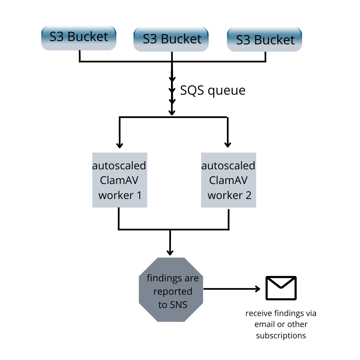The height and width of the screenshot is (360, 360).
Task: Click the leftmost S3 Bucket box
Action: [79, 38]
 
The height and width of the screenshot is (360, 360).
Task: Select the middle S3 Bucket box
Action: [171, 39]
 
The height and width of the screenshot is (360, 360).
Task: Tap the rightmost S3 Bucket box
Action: [264, 39]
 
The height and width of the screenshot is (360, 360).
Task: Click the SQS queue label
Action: [213, 91]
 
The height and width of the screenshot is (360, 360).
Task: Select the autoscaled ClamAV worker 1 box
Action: [120, 180]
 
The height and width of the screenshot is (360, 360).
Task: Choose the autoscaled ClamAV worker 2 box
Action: [228, 180]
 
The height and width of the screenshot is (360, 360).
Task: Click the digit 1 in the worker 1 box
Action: [139, 195]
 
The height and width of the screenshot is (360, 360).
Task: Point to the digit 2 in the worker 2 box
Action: [248, 195]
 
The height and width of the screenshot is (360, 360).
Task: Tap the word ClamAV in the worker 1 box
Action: [119, 180]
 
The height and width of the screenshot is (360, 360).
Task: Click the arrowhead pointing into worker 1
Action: [120, 145]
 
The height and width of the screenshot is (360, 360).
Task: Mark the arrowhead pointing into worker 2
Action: [228, 145]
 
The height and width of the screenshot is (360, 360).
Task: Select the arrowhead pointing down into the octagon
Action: [170, 253]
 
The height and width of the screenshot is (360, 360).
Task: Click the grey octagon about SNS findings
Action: [171, 290]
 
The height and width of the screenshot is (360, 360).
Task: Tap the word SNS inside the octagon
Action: [179, 305]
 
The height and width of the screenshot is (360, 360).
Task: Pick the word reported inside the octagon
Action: [173, 292]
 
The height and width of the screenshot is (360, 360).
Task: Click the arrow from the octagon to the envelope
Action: [232, 289]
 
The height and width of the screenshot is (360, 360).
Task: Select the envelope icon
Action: [281, 288]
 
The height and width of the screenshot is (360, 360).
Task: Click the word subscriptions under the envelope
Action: [281, 336]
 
